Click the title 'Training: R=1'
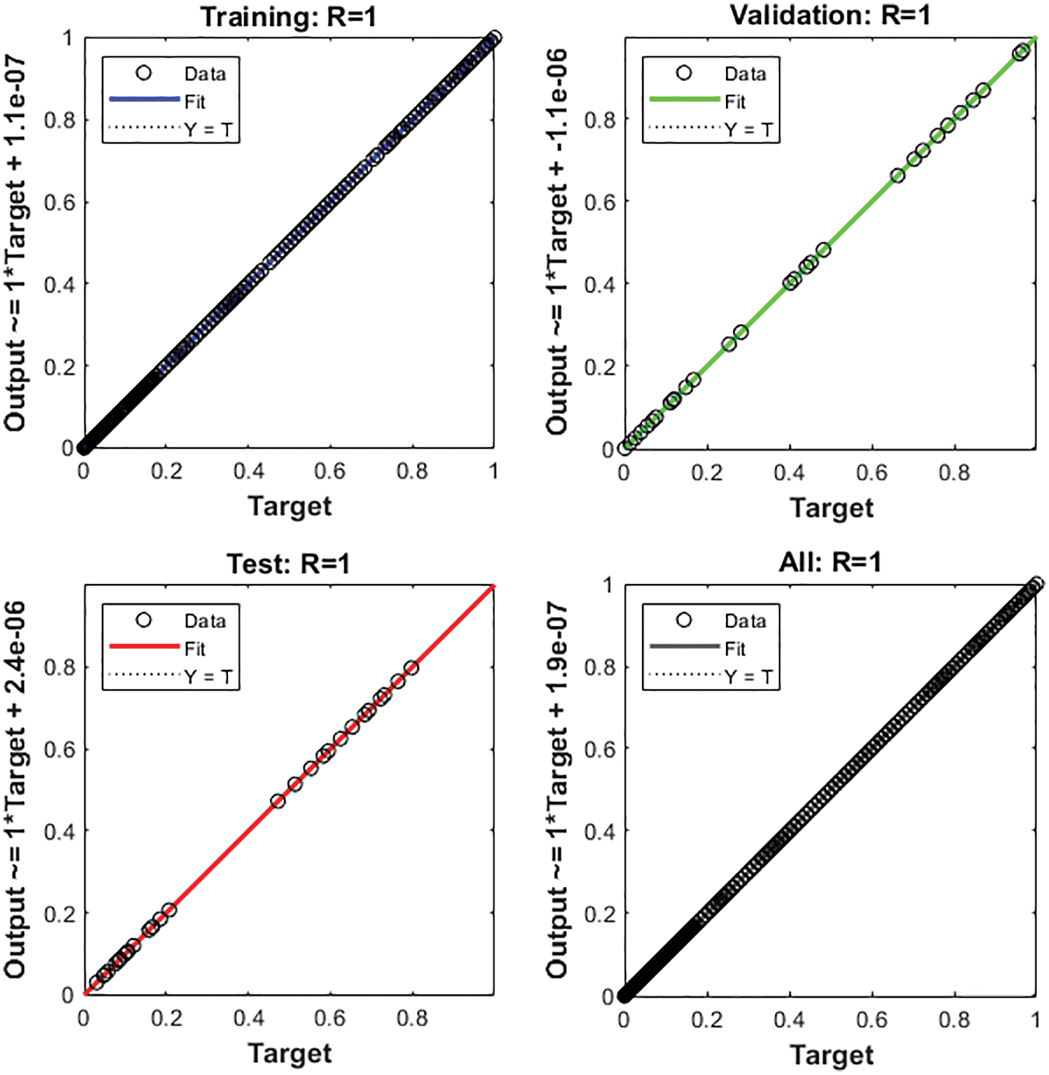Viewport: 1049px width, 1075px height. [x=288, y=17]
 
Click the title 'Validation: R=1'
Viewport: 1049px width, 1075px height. [x=829, y=15]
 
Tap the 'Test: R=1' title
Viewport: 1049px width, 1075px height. [x=288, y=563]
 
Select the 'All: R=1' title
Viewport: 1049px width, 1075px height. [x=829, y=562]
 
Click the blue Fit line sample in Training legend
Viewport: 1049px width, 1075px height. [x=144, y=100]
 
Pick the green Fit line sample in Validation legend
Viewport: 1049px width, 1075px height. [x=684, y=100]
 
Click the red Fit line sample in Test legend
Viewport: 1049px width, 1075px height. [x=144, y=647]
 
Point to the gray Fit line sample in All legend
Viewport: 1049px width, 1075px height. [x=684, y=647]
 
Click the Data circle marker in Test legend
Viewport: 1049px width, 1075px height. [x=144, y=620]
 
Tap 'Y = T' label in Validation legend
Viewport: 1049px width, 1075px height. [x=748, y=130]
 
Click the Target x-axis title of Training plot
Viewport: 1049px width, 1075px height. [x=289, y=506]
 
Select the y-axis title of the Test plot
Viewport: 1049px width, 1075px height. [x=15, y=789]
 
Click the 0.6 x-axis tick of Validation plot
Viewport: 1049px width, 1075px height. [x=872, y=473]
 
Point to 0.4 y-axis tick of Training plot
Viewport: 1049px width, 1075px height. [x=59, y=284]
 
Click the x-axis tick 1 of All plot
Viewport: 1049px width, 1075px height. [x=1035, y=1020]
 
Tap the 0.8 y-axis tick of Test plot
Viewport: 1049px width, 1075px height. [x=59, y=667]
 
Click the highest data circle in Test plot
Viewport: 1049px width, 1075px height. [x=412, y=668]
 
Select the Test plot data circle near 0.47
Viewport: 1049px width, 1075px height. [x=278, y=802]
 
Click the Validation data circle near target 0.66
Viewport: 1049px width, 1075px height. [x=898, y=176]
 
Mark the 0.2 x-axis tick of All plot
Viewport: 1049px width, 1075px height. [x=707, y=1020]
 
